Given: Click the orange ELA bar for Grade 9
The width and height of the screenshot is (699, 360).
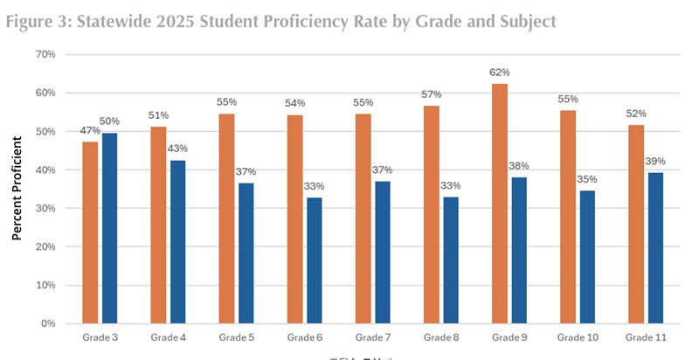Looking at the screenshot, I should [500, 204].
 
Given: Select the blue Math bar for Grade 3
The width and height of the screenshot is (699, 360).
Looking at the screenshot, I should [109, 228].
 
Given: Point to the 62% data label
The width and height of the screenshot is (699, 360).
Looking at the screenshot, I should [500, 73].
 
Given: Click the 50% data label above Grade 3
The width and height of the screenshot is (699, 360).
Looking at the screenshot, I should [109, 121].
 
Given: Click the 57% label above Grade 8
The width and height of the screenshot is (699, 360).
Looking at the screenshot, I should [431, 93].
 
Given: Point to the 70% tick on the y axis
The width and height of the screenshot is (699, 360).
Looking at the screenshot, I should [45, 54].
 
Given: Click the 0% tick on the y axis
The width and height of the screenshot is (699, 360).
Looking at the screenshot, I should [48, 323].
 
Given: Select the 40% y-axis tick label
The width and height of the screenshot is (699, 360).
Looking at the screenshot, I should [45, 170].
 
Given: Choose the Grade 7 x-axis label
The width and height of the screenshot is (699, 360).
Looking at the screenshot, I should [373, 337].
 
